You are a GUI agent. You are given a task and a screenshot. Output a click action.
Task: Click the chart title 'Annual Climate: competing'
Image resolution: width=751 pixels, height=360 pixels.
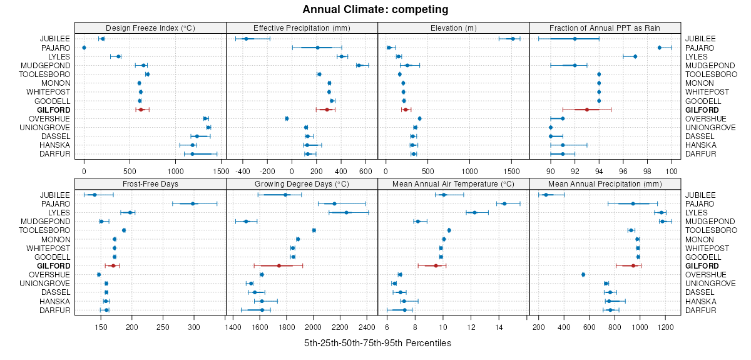point(375,9)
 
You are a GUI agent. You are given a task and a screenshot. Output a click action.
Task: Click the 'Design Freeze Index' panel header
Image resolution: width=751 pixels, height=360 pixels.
point(150,28)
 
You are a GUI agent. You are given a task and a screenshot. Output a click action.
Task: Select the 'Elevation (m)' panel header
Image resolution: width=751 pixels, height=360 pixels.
point(453,28)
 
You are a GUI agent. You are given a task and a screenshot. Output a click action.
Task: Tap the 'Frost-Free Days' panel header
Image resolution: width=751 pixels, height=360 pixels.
point(150,183)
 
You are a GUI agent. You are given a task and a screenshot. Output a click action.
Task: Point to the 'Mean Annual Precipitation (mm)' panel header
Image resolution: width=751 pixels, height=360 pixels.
point(605,183)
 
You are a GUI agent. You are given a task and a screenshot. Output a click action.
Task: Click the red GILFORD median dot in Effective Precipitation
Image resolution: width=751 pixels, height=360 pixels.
point(327,110)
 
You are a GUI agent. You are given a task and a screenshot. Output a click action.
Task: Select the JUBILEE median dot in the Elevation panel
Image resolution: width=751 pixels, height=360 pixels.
point(513,39)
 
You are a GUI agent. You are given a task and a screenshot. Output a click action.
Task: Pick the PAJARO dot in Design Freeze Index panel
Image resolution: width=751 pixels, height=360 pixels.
point(84,48)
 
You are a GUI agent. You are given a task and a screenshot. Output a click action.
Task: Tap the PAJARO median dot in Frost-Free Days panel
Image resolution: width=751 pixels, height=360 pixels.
point(193,203)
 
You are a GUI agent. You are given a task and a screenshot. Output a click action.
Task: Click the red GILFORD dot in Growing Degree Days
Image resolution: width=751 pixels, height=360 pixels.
point(279,266)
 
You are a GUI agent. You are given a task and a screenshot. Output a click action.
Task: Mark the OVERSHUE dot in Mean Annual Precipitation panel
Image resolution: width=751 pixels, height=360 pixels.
point(583,275)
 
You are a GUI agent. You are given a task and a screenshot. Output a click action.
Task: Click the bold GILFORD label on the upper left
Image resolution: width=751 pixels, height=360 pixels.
point(54,110)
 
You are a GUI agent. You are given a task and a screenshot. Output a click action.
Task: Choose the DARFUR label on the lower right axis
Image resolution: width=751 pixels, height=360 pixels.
point(698,310)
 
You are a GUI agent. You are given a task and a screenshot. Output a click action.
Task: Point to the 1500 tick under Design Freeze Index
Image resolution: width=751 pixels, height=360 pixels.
point(221,169)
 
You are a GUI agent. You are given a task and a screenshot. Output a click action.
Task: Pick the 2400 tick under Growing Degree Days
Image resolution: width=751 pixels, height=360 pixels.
point(367,326)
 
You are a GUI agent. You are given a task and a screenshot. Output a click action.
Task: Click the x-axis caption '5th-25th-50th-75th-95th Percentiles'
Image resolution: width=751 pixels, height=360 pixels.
point(377,343)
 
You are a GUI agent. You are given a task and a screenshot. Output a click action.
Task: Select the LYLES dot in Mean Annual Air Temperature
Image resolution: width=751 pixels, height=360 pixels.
point(474,212)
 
